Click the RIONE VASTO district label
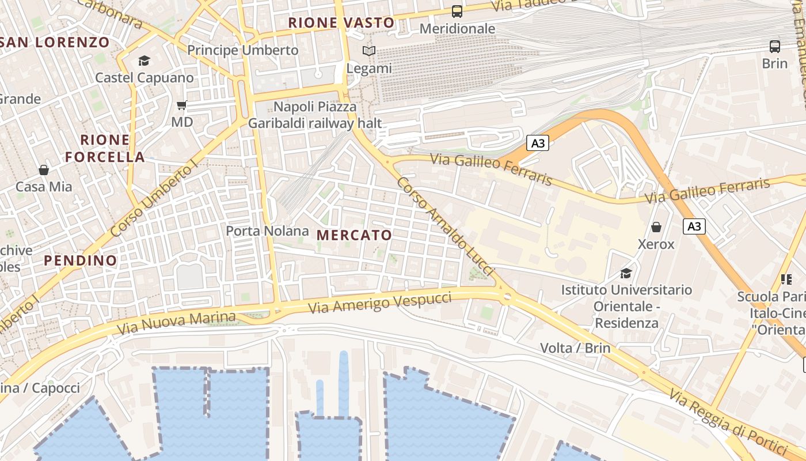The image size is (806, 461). tap(341, 23)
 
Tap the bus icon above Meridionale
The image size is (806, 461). tap(457, 12)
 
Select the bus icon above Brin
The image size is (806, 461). tap(775, 47)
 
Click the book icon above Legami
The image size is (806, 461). tap(369, 51)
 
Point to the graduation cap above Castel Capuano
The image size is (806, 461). tap(144, 61)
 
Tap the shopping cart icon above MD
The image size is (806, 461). tap(182, 105)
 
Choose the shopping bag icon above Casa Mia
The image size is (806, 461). tap(44, 170)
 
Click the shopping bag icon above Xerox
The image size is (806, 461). tap(656, 227)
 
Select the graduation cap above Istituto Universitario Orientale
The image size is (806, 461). tap(626, 273)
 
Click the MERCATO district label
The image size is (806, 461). tap(354, 235)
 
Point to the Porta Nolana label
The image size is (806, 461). tap(267, 231)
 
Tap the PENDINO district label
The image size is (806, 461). tap(81, 260)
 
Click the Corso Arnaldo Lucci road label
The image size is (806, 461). tap(446, 225)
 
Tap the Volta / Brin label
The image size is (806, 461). tap(575, 348)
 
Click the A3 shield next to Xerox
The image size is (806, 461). tap(694, 226)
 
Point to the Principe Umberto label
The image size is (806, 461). tap(243, 50)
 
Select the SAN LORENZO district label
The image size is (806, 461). tap(55, 42)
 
